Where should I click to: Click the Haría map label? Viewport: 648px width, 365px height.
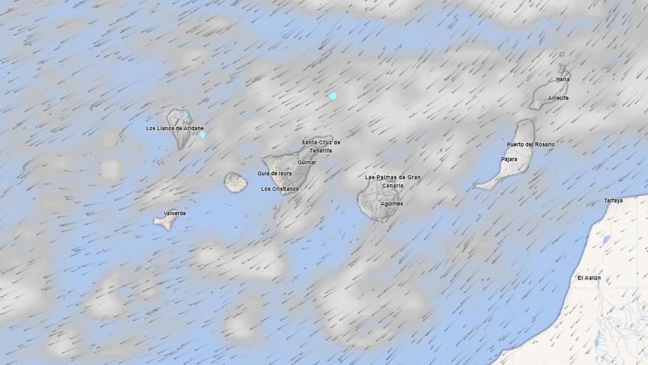(563, 79)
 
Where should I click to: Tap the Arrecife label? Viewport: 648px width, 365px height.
(558, 98)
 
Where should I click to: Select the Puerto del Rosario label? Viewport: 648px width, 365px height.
(530, 144)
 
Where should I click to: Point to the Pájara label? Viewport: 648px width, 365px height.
(509, 159)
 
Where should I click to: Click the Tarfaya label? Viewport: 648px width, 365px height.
(613, 201)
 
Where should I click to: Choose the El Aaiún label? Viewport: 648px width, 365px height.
(589, 278)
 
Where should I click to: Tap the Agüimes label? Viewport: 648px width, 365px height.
(391, 204)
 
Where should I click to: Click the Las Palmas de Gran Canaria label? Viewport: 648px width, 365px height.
(393, 181)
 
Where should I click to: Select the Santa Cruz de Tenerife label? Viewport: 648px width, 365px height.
(321, 146)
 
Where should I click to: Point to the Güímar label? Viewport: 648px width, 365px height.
(307, 162)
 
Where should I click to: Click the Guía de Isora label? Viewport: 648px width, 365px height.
(274, 173)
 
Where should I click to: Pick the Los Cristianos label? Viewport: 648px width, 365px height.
(280, 189)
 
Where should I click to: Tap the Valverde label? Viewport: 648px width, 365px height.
(174, 214)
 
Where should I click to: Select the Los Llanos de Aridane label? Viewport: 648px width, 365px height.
(175, 128)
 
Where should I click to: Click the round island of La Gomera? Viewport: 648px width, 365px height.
(235, 183)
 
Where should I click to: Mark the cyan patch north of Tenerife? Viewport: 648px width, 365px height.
(332, 96)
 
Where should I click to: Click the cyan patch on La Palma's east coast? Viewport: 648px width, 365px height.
(202, 134)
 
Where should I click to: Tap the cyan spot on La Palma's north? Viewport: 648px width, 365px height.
(186, 114)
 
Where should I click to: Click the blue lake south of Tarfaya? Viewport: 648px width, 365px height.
(606, 240)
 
